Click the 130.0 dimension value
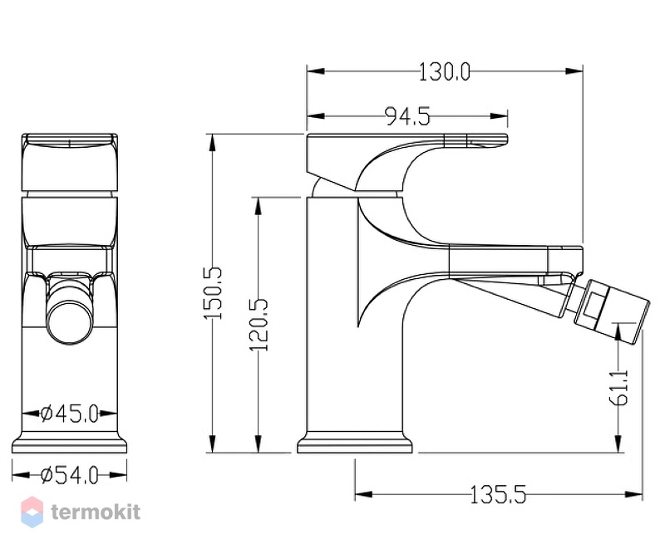tap(445, 71)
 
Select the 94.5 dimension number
tap(407, 116)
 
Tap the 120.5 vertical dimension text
tap(259, 325)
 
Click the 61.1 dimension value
tap(620, 387)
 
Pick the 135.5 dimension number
tap(498, 494)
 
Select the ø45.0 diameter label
tap(70, 413)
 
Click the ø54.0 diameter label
tap(70, 475)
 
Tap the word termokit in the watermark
tap(96, 512)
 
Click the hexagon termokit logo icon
tap(32, 512)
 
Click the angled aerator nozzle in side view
tap(611, 310)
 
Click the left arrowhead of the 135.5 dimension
tap(363, 494)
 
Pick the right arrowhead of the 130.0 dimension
tap(574, 71)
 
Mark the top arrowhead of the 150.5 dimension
tap(213, 143)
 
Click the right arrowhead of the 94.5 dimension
tap(499, 116)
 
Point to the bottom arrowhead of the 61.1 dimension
tap(619, 444)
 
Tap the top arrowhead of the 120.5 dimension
tap(259, 205)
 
